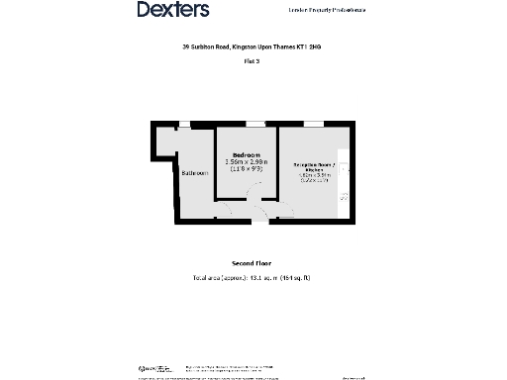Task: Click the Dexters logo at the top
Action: click(x=172, y=10)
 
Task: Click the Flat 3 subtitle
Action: click(x=252, y=61)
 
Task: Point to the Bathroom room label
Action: click(x=194, y=173)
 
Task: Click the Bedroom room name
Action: click(x=247, y=155)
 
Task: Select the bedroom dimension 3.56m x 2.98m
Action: click(x=247, y=162)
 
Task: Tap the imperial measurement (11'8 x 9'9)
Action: click(x=247, y=169)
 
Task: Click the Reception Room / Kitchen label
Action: click(x=314, y=166)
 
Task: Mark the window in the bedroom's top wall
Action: click(x=255, y=124)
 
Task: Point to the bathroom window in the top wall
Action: click(x=184, y=124)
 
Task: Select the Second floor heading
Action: click(x=252, y=264)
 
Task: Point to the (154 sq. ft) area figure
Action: click(x=294, y=278)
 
